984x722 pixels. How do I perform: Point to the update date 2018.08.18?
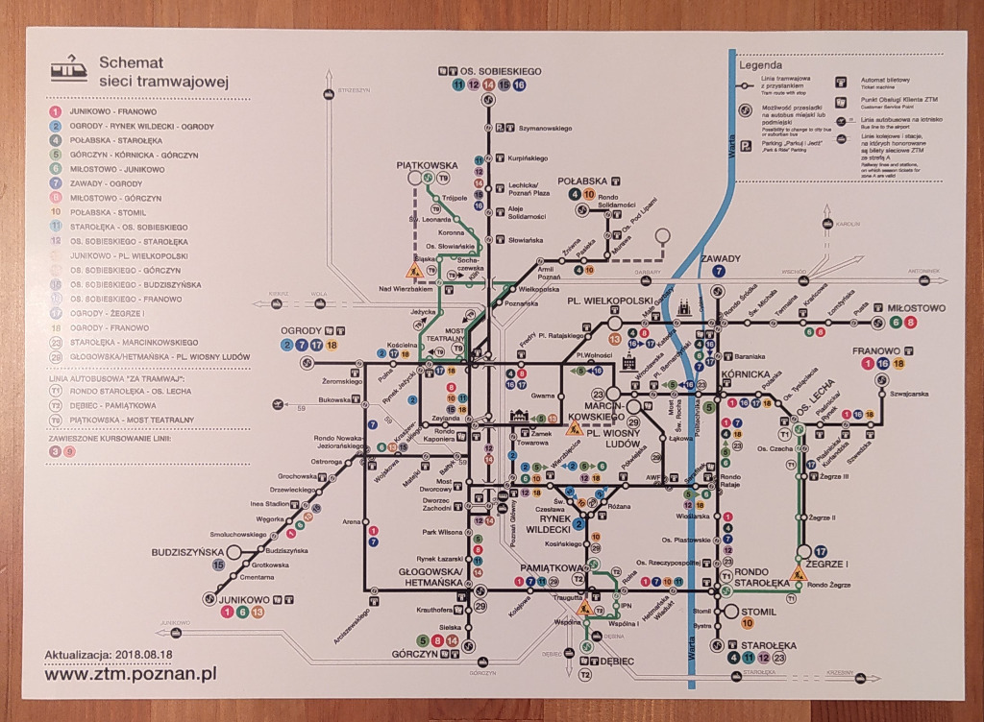(x=144, y=653)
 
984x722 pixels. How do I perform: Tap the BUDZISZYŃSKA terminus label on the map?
(x=187, y=552)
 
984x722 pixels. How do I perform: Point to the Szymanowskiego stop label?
(x=545, y=128)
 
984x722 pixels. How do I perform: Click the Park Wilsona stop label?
(x=443, y=532)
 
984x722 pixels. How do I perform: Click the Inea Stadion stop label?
(x=269, y=503)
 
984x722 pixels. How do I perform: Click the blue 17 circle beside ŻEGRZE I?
(x=821, y=551)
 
